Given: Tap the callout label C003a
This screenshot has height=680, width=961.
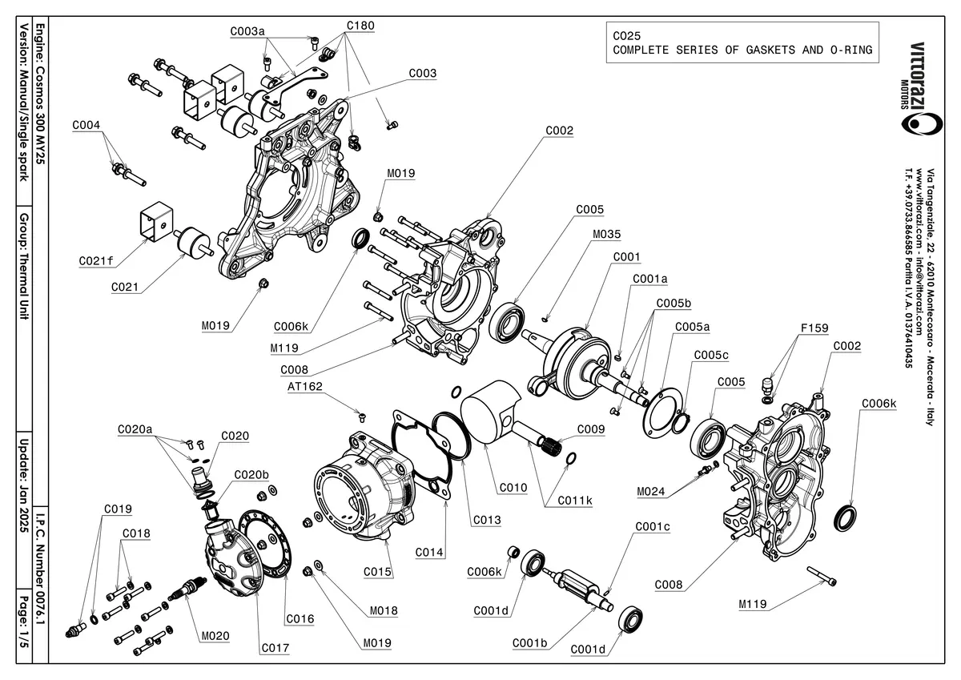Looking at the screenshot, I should (247, 32).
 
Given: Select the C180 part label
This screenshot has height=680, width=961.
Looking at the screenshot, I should (360, 26).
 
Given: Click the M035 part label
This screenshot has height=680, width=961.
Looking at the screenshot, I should (606, 235).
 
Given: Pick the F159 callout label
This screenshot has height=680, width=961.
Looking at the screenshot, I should (814, 328).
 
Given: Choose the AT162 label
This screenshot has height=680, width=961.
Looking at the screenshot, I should (304, 387).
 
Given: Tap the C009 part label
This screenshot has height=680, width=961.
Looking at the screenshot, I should (591, 430).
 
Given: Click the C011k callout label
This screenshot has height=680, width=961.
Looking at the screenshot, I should (576, 501).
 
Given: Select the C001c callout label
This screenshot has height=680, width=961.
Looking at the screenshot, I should (653, 527).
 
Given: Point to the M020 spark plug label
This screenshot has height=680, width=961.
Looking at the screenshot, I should (216, 635).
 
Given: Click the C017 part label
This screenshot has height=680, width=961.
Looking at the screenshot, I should (275, 647).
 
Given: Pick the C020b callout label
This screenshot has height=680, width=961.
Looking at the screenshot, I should (251, 474).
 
